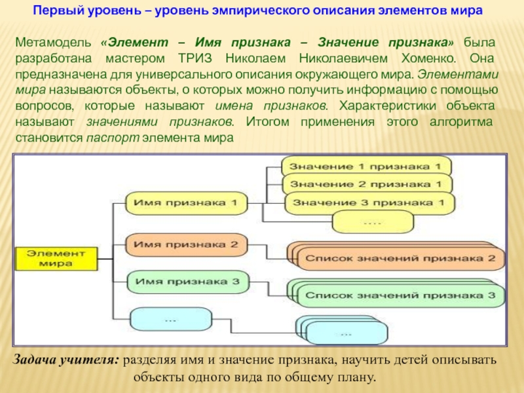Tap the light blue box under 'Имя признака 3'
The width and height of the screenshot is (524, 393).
[x=170, y=320]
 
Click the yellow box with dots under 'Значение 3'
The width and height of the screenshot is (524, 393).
[x=371, y=222]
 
